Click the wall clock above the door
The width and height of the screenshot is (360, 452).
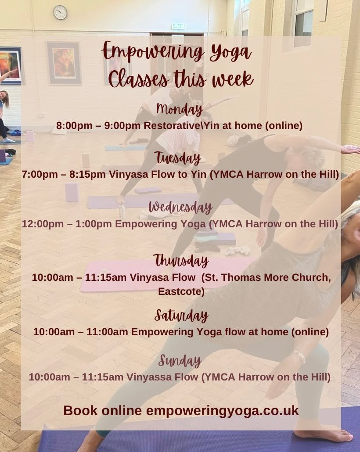pos(60,12)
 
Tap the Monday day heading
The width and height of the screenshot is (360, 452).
pos(179,108)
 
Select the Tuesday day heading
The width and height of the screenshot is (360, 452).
pos(177,157)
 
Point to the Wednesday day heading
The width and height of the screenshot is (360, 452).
pos(180,207)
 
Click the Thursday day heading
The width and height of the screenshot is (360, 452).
pos(181,261)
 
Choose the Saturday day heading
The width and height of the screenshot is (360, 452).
pos(181,315)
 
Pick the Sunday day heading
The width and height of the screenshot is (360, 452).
pos(180,361)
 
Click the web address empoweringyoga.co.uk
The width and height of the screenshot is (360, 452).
pos(222,411)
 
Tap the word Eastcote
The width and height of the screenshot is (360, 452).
pos(181,292)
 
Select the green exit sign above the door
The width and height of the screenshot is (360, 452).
pos(179,26)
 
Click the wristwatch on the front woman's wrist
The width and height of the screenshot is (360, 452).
pos(300,356)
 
